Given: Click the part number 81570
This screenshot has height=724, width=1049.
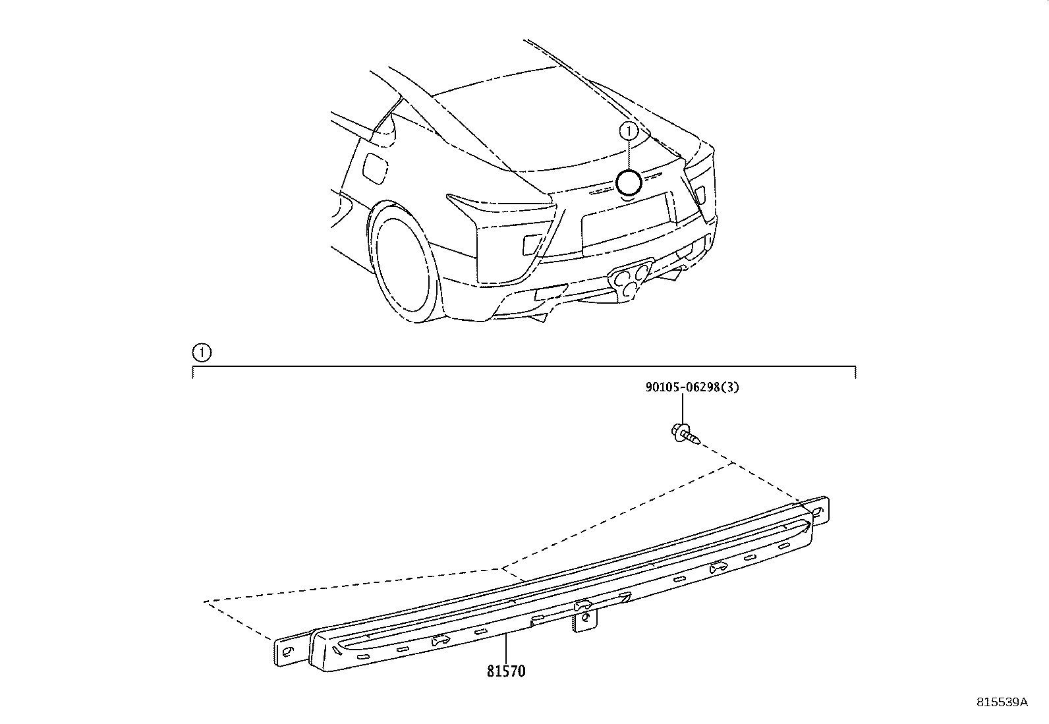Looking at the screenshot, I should coord(506,671).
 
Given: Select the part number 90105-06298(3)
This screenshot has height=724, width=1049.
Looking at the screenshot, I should coord(691,387).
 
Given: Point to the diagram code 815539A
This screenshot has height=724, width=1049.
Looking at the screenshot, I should coord(1002,702).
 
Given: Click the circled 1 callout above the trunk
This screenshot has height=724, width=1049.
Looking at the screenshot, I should coord(629,131).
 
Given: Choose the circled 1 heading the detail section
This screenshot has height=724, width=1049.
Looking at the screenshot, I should coord(201,353).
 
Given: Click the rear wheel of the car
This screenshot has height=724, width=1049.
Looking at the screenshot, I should coord(402,264).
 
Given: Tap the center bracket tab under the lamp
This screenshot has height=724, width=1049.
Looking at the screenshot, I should coord(585,621).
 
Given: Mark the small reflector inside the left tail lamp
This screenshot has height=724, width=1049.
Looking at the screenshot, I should coord(531,244).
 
